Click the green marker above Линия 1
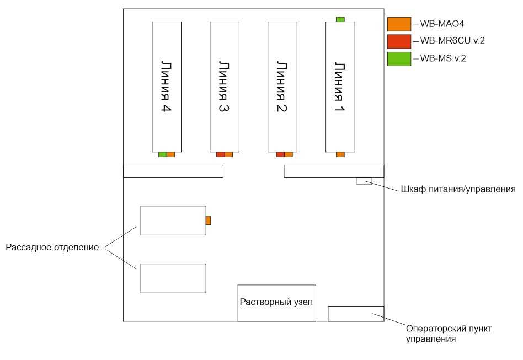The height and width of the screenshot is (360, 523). click(340, 19)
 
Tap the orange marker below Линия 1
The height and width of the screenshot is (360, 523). click(340, 154)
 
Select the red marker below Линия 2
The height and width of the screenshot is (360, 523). click(280, 154)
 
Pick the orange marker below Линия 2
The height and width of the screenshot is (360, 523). click(289, 154)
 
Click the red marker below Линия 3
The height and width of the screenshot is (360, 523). click(220, 154)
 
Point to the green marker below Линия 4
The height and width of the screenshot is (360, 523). click(162, 154)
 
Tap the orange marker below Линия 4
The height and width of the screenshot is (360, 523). click(170, 154)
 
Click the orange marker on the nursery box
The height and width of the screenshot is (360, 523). click(208, 221)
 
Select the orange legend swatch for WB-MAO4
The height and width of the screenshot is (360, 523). click(399, 24)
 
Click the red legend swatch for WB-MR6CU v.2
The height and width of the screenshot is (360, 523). click(399, 41)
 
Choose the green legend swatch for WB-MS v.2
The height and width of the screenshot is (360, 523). click(399, 58)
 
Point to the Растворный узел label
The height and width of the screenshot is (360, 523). click(276, 302)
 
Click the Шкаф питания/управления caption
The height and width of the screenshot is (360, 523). click(457, 190)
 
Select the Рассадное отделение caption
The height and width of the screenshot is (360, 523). click(52, 248)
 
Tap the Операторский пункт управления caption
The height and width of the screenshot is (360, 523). click(445, 334)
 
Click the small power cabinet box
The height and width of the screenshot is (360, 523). click(365, 181)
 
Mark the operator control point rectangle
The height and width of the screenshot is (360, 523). click(356, 313)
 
